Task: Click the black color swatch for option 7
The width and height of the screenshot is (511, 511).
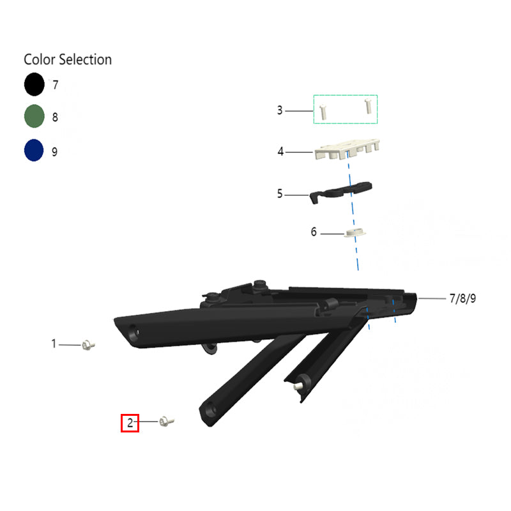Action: tap(34, 84)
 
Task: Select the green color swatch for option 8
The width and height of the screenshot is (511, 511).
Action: tap(34, 116)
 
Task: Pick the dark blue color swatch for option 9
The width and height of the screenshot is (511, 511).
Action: tap(34, 150)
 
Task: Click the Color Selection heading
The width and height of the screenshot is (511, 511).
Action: tap(68, 59)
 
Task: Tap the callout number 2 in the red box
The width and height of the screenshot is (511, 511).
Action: tap(130, 423)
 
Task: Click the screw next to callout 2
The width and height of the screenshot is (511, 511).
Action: tap(167, 421)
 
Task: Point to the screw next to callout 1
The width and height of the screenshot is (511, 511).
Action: tap(88, 345)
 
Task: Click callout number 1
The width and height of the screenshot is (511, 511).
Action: tap(54, 344)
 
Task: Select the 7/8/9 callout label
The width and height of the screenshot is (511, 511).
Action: tap(462, 298)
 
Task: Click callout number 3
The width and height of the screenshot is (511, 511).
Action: tap(280, 110)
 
